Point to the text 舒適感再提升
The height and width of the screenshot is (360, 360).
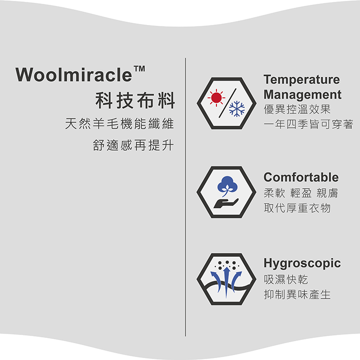[x=133, y=145]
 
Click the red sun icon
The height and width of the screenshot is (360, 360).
[x=216, y=98]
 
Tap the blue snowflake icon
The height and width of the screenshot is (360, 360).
[x=237, y=109]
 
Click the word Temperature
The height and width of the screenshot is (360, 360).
[x=301, y=79]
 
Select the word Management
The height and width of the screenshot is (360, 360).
[x=302, y=94]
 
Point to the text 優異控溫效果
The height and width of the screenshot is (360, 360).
[x=297, y=110]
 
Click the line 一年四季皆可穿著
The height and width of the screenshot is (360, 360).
[x=308, y=125]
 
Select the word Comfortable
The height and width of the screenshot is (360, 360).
[x=301, y=177]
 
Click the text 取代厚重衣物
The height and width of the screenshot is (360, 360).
[x=297, y=208]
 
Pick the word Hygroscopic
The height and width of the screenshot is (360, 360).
[x=302, y=263]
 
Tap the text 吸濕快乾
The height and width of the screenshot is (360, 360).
[x=286, y=279]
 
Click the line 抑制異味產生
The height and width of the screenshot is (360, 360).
[x=297, y=294]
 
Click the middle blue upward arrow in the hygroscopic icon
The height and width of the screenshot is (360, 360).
[x=226, y=279]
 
